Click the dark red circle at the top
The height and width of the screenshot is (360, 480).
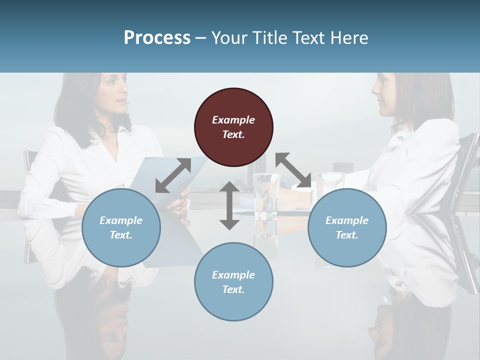point(233,127)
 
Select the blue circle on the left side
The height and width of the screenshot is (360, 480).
point(121,227)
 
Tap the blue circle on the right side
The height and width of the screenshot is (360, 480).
point(347,227)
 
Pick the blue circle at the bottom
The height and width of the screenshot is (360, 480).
point(233,281)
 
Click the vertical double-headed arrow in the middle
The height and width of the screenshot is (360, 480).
point(229,205)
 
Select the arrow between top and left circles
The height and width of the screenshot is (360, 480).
point(173,175)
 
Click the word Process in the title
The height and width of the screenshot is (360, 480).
point(157,38)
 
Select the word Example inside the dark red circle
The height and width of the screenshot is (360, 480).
point(233,120)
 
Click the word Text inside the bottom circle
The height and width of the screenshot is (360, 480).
point(233,289)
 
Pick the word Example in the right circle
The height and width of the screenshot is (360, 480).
point(347,220)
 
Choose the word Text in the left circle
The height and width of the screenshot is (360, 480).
point(121,235)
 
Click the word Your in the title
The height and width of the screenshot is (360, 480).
point(227,38)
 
